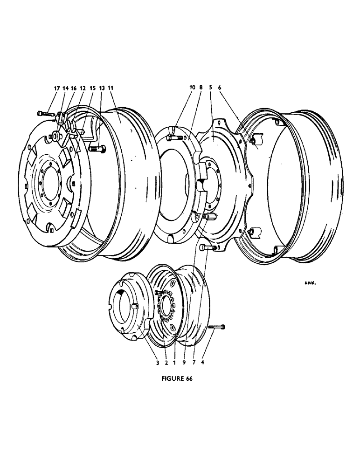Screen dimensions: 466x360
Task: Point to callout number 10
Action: tap(192, 88)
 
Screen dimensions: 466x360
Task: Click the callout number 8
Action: tap(201, 88)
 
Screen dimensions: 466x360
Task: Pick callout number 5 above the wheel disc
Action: tap(211, 88)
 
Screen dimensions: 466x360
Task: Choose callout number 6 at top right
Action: tap(220, 88)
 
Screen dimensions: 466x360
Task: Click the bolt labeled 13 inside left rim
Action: tap(97, 149)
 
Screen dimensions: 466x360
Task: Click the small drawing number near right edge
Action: tap(308, 282)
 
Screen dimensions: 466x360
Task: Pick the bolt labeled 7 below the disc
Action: tap(208, 248)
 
